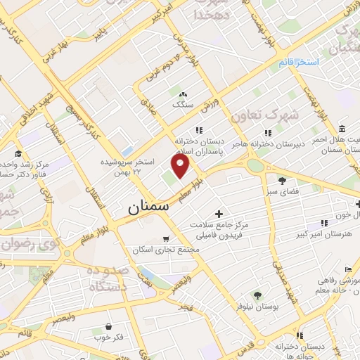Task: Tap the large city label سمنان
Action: click(149, 208)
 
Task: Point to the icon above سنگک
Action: click(184, 94)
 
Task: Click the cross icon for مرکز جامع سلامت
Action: click(219, 213)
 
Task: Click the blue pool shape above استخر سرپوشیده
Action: click(127, 151)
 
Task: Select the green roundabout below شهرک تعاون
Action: click(255, 166)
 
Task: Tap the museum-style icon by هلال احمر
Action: click(342, 129)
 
